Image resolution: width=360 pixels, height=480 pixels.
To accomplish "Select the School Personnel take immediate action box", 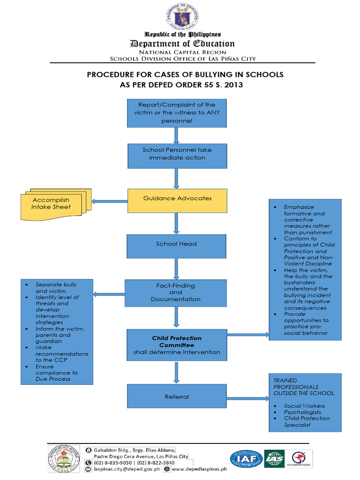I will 177,156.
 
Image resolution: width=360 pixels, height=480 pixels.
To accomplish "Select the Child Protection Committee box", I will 176,345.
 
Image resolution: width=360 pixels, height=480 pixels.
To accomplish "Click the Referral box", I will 177,396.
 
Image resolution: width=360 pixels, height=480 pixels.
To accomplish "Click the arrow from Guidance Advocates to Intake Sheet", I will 110,202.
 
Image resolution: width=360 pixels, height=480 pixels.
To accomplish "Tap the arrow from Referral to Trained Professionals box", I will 247,398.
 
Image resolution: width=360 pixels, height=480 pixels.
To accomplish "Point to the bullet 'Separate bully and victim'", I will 56,288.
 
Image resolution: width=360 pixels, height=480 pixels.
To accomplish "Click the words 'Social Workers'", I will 304,406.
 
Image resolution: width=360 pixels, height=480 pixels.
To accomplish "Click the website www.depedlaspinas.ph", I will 199,468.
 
